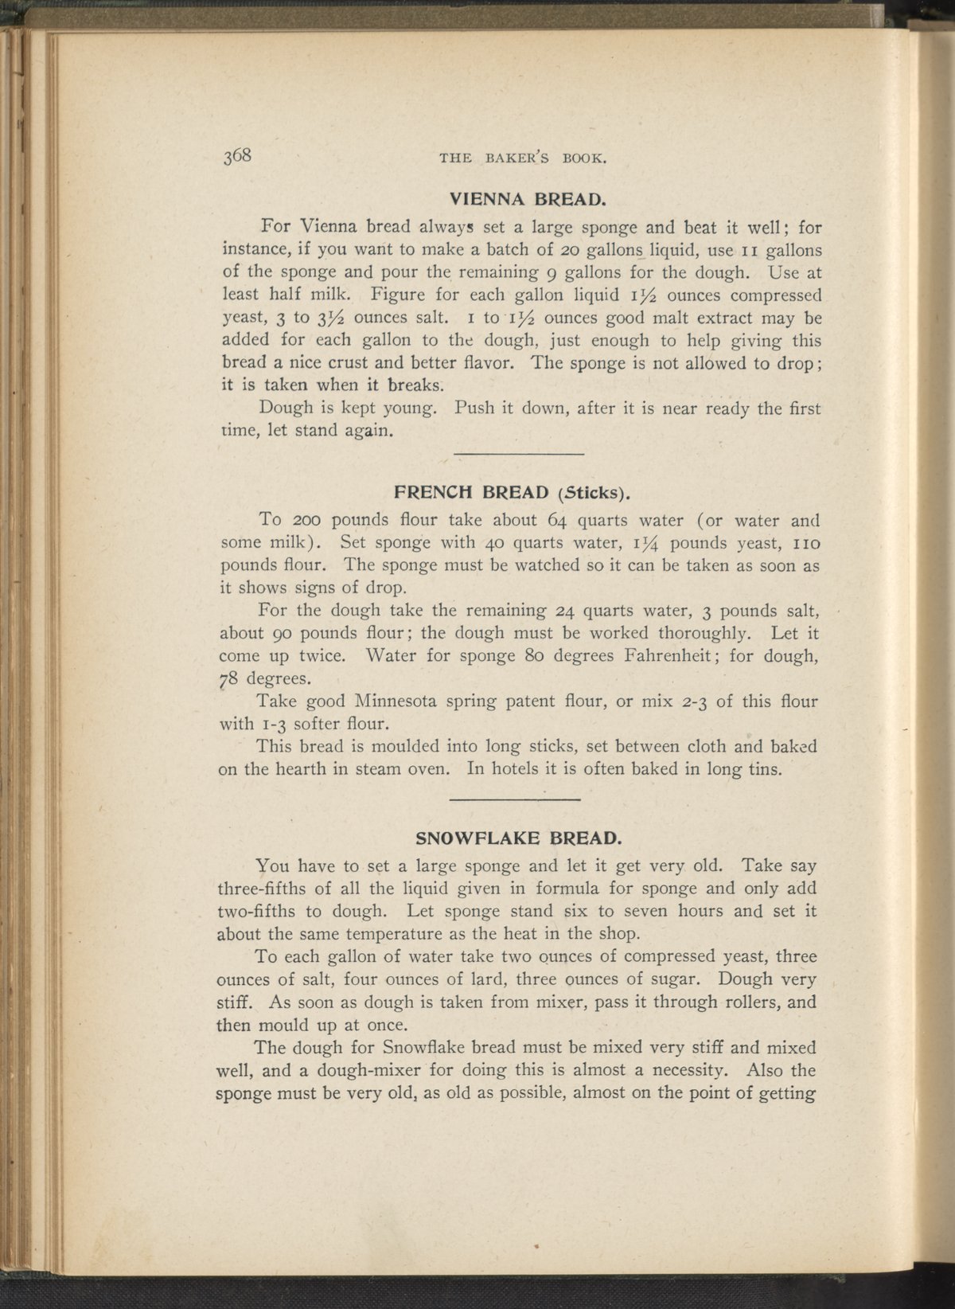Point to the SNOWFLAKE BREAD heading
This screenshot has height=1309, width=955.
(x=518, y=838)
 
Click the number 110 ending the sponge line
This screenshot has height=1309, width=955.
(x=805, y=544)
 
